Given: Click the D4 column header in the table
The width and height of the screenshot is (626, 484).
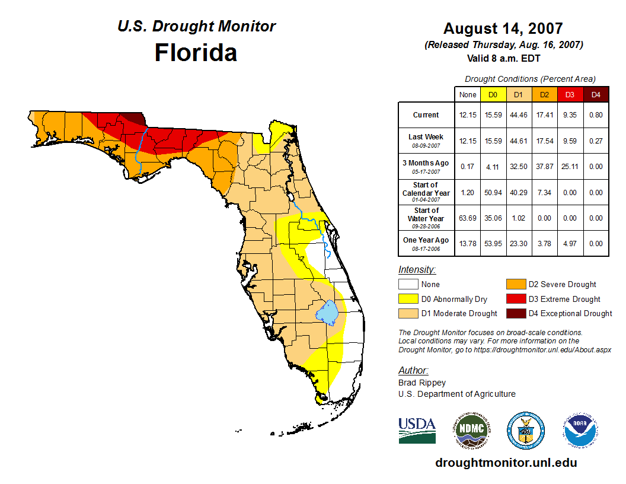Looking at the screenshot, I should (596, 94).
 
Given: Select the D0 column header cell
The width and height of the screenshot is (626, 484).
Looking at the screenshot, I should (493, 94).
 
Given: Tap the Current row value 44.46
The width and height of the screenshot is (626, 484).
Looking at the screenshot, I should (518, 115).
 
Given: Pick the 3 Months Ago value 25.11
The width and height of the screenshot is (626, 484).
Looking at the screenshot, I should (570, 167).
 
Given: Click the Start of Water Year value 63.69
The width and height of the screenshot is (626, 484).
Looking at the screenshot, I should (468, 218).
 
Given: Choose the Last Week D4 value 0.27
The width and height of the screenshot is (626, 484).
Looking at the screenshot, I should (596, 141).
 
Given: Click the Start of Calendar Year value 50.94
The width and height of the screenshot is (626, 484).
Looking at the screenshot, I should (493, 192).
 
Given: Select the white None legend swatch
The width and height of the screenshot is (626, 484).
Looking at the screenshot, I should (408, 285).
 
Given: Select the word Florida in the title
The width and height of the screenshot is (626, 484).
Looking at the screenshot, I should (196, 53).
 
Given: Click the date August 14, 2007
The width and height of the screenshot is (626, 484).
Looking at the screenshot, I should (503, 28).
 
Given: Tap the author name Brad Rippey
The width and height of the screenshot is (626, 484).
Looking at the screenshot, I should (422, 383).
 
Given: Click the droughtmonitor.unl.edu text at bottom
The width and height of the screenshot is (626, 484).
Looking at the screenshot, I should (506, 463).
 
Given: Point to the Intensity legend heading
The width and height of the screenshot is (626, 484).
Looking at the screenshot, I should (417, 270).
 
